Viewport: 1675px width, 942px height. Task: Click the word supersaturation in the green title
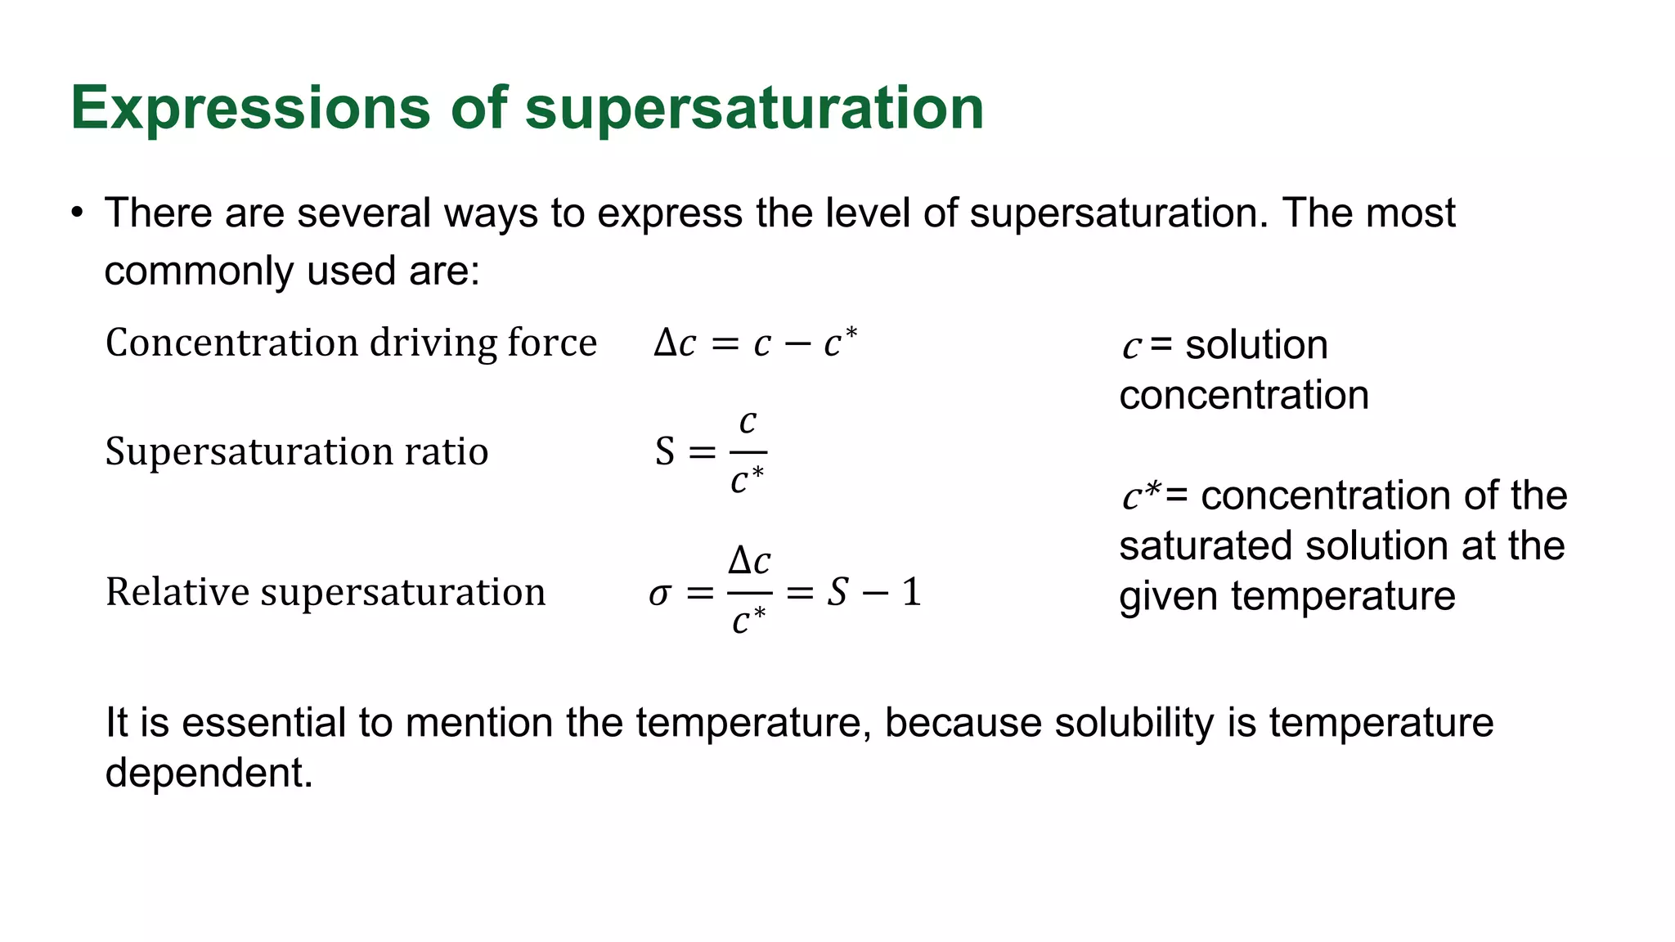point(754,108)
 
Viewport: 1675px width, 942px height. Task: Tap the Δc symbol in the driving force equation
point(675,343)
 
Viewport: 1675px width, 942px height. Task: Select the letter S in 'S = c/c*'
point(665,452)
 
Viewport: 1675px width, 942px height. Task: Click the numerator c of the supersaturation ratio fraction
point(748,422)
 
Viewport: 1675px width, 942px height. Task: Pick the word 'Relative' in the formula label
point(176,592)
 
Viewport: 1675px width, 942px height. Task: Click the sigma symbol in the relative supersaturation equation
point(659,594)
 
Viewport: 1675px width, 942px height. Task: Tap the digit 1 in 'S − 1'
point(911,592)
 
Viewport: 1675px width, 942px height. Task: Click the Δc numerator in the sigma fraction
point(749,561)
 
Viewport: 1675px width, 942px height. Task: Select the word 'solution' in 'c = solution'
point(1256,345)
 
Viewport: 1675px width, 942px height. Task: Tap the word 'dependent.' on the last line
point(209,773)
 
